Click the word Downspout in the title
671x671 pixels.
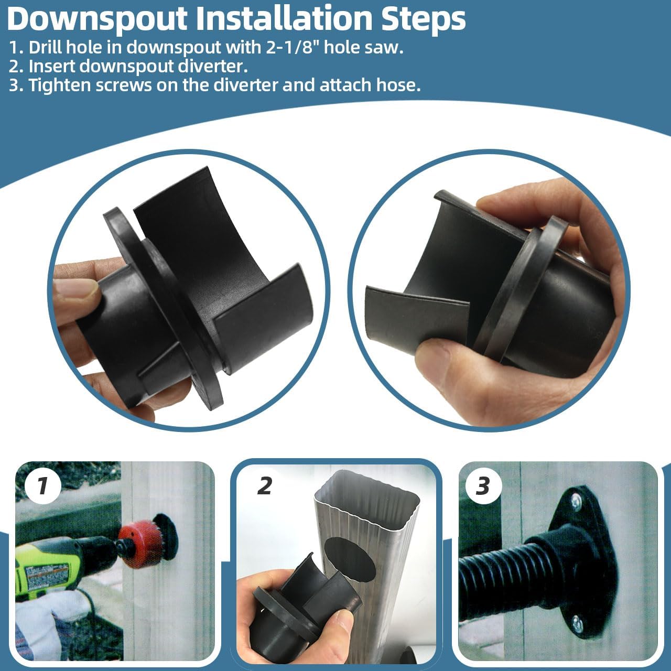[x=98, y=18]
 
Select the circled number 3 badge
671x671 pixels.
[x=483, y=486]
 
